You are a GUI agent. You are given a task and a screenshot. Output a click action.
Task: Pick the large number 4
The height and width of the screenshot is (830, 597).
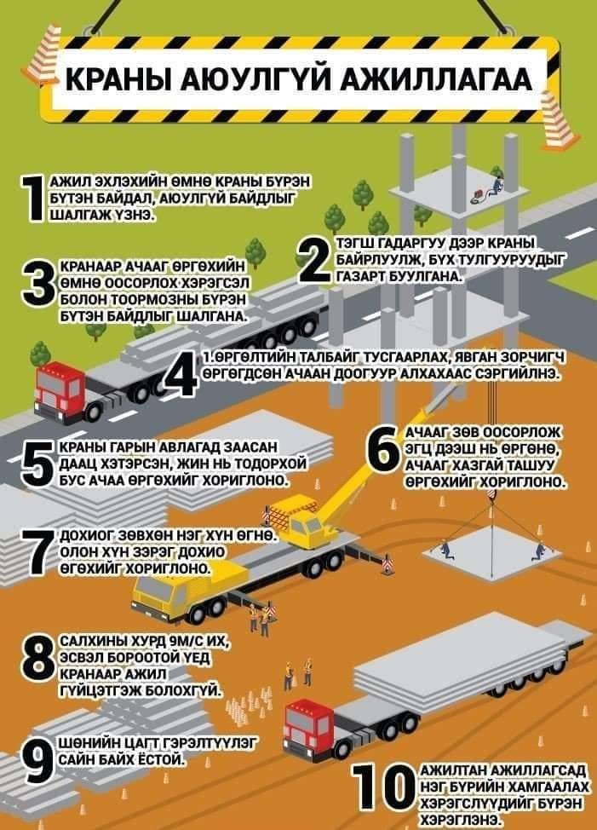(x=182, y=374)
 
